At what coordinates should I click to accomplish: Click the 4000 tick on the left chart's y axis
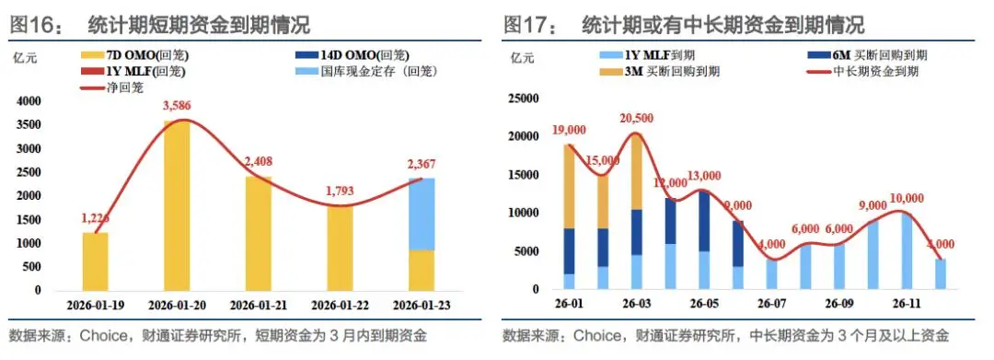[x=29, y=100]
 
